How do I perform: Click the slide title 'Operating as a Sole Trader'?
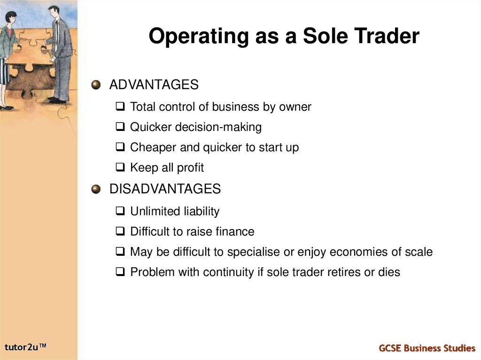(284, 37)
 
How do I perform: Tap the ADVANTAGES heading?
(154, 85)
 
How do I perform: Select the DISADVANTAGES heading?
(164, 189)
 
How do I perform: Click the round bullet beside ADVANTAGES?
(96, 85)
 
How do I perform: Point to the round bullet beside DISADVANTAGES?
(96, 190)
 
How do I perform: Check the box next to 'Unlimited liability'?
(120, 212)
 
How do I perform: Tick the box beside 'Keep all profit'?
(120, 168)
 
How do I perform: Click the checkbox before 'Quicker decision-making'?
(120, 127)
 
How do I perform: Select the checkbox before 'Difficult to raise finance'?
(120, 231)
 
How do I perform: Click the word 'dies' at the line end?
(389, 272)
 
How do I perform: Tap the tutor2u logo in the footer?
(26, 347)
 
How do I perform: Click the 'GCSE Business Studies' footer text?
(427, 348)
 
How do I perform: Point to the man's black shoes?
(57, 100)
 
